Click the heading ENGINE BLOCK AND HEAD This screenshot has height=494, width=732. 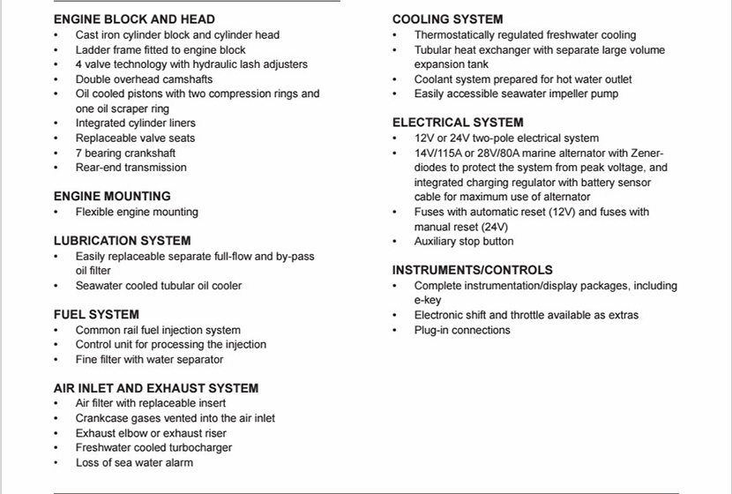pyautogui.click(x=134, y=19)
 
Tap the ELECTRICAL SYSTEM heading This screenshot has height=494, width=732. pyautogui.click(x=458, y=123)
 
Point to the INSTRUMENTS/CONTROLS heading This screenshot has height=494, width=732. pyautogui.click(x=473, y=270)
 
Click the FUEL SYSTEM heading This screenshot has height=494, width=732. pyautogui.click(x=96, y=314)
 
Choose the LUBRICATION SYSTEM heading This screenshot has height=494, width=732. pyautogui.click(x=122, y=240)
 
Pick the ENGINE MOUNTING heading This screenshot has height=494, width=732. pyautogui.click(x=112, y=196)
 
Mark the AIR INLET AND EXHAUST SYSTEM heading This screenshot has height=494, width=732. pyautogui.click(x=156, y=388)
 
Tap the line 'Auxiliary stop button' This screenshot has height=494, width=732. pyautogui.click(x=464, y=241)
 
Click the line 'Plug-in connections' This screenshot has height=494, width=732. pyautogui.click(x=462, y=330)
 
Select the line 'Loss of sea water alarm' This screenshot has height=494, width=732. pyautogui.click(x=134, y=462)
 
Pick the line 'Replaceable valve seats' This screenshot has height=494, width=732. pyautogui.click(x=135, y=138)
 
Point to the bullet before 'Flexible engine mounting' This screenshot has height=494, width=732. pyautogui.click(x=56, y=212)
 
